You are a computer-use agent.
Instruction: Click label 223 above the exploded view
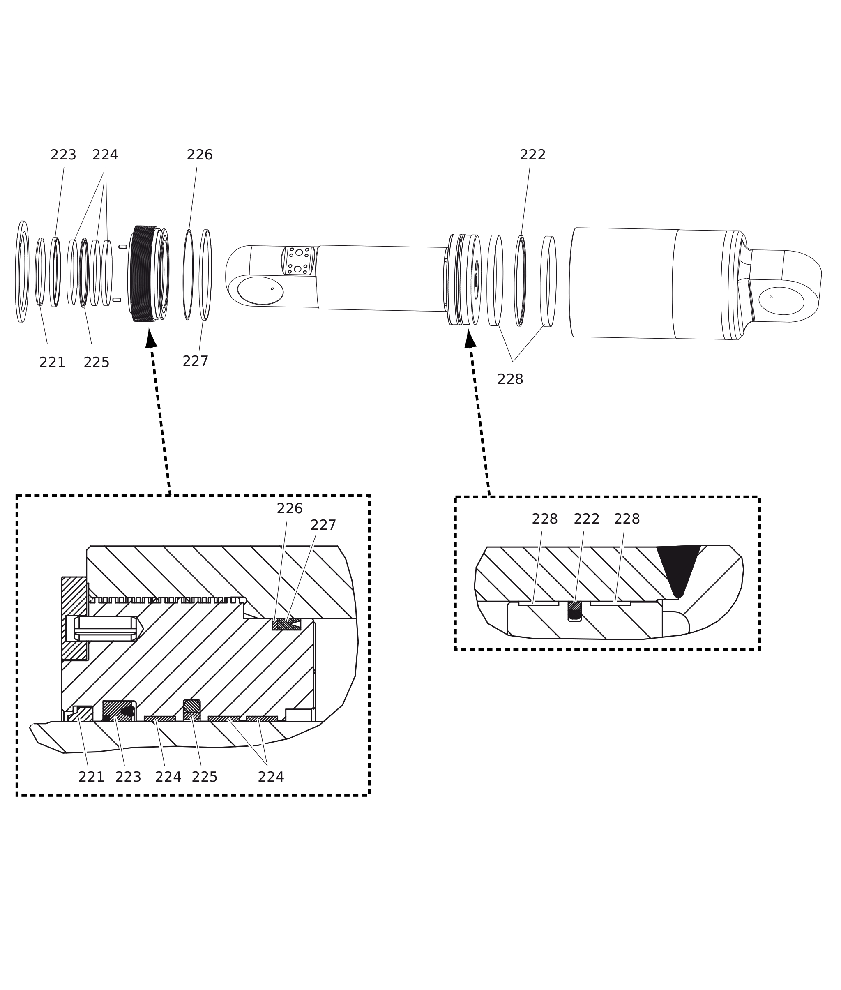tap(63, 155)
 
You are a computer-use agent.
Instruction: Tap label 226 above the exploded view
tap(199, 155)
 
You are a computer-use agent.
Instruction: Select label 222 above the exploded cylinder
tap(532, 155)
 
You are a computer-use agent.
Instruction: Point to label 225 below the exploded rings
tap(96, 362)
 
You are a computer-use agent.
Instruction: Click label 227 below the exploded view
tap(196, 361)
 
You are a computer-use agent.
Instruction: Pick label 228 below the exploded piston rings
tap(510, 379)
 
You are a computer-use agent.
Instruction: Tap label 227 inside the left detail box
tap(323, 525)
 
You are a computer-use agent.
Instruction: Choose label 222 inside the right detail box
tap(586, 519)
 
